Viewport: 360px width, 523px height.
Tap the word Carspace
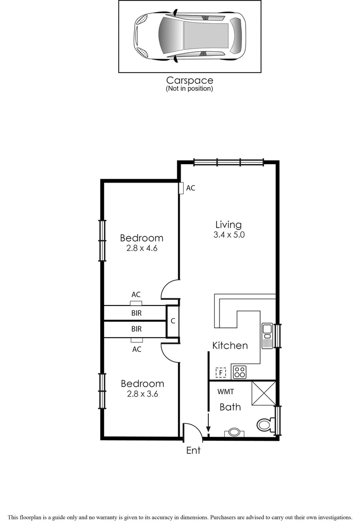point(189,80)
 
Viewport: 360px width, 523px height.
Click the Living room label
point(228,225)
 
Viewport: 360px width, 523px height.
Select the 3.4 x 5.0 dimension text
point(228,235)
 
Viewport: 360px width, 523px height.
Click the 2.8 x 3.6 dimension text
point(142,394)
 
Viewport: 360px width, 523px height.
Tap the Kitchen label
point(230,345)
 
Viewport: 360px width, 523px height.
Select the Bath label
point(230,407)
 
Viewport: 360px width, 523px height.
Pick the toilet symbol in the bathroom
point(265,425)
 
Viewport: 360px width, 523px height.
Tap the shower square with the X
point(264,393)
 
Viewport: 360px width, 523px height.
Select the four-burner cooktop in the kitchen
point(240,372)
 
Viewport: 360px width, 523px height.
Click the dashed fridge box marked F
point(221,372)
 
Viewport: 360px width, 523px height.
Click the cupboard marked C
point(172,321)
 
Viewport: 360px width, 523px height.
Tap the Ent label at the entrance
point(193,450)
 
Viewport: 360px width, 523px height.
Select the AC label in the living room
point(191,188)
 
